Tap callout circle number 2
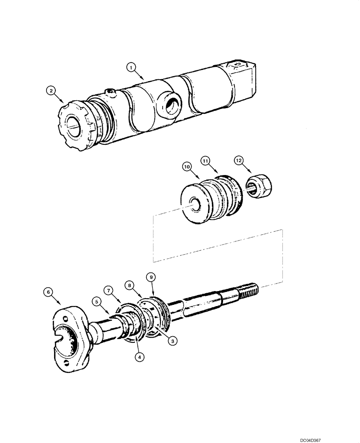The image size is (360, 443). click(52, 91)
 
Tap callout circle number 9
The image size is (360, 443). click(151, 277)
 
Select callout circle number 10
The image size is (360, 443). click(186, 166)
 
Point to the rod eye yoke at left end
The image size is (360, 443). click(72, 337)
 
